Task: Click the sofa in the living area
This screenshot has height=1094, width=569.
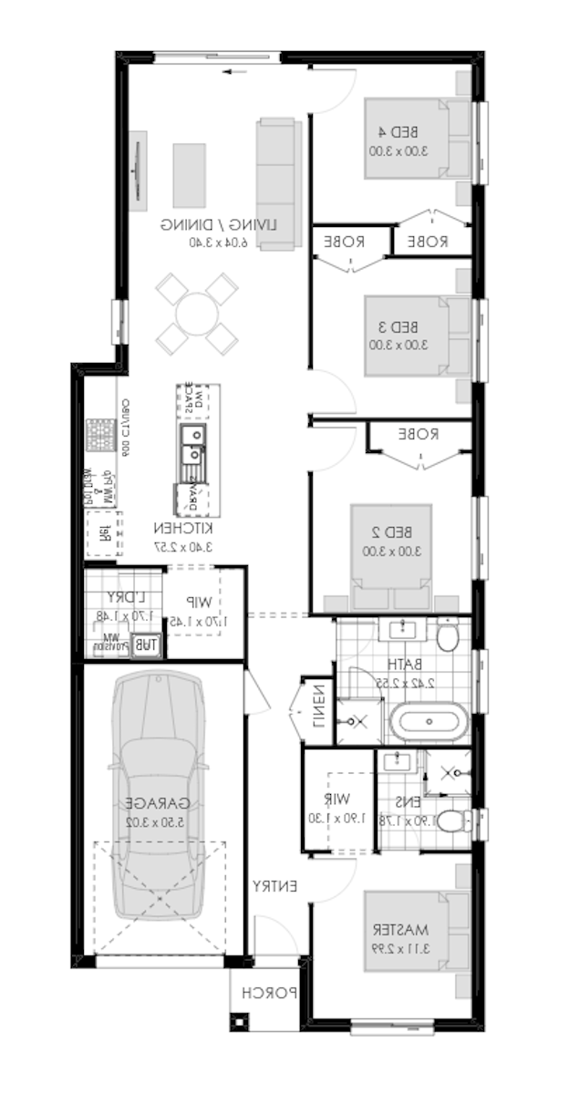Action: pos(277,181)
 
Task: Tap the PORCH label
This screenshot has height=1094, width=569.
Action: pos(271,994)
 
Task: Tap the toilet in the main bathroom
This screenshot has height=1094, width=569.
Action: pos(447,636)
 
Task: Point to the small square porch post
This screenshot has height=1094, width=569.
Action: pos(240,1020)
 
